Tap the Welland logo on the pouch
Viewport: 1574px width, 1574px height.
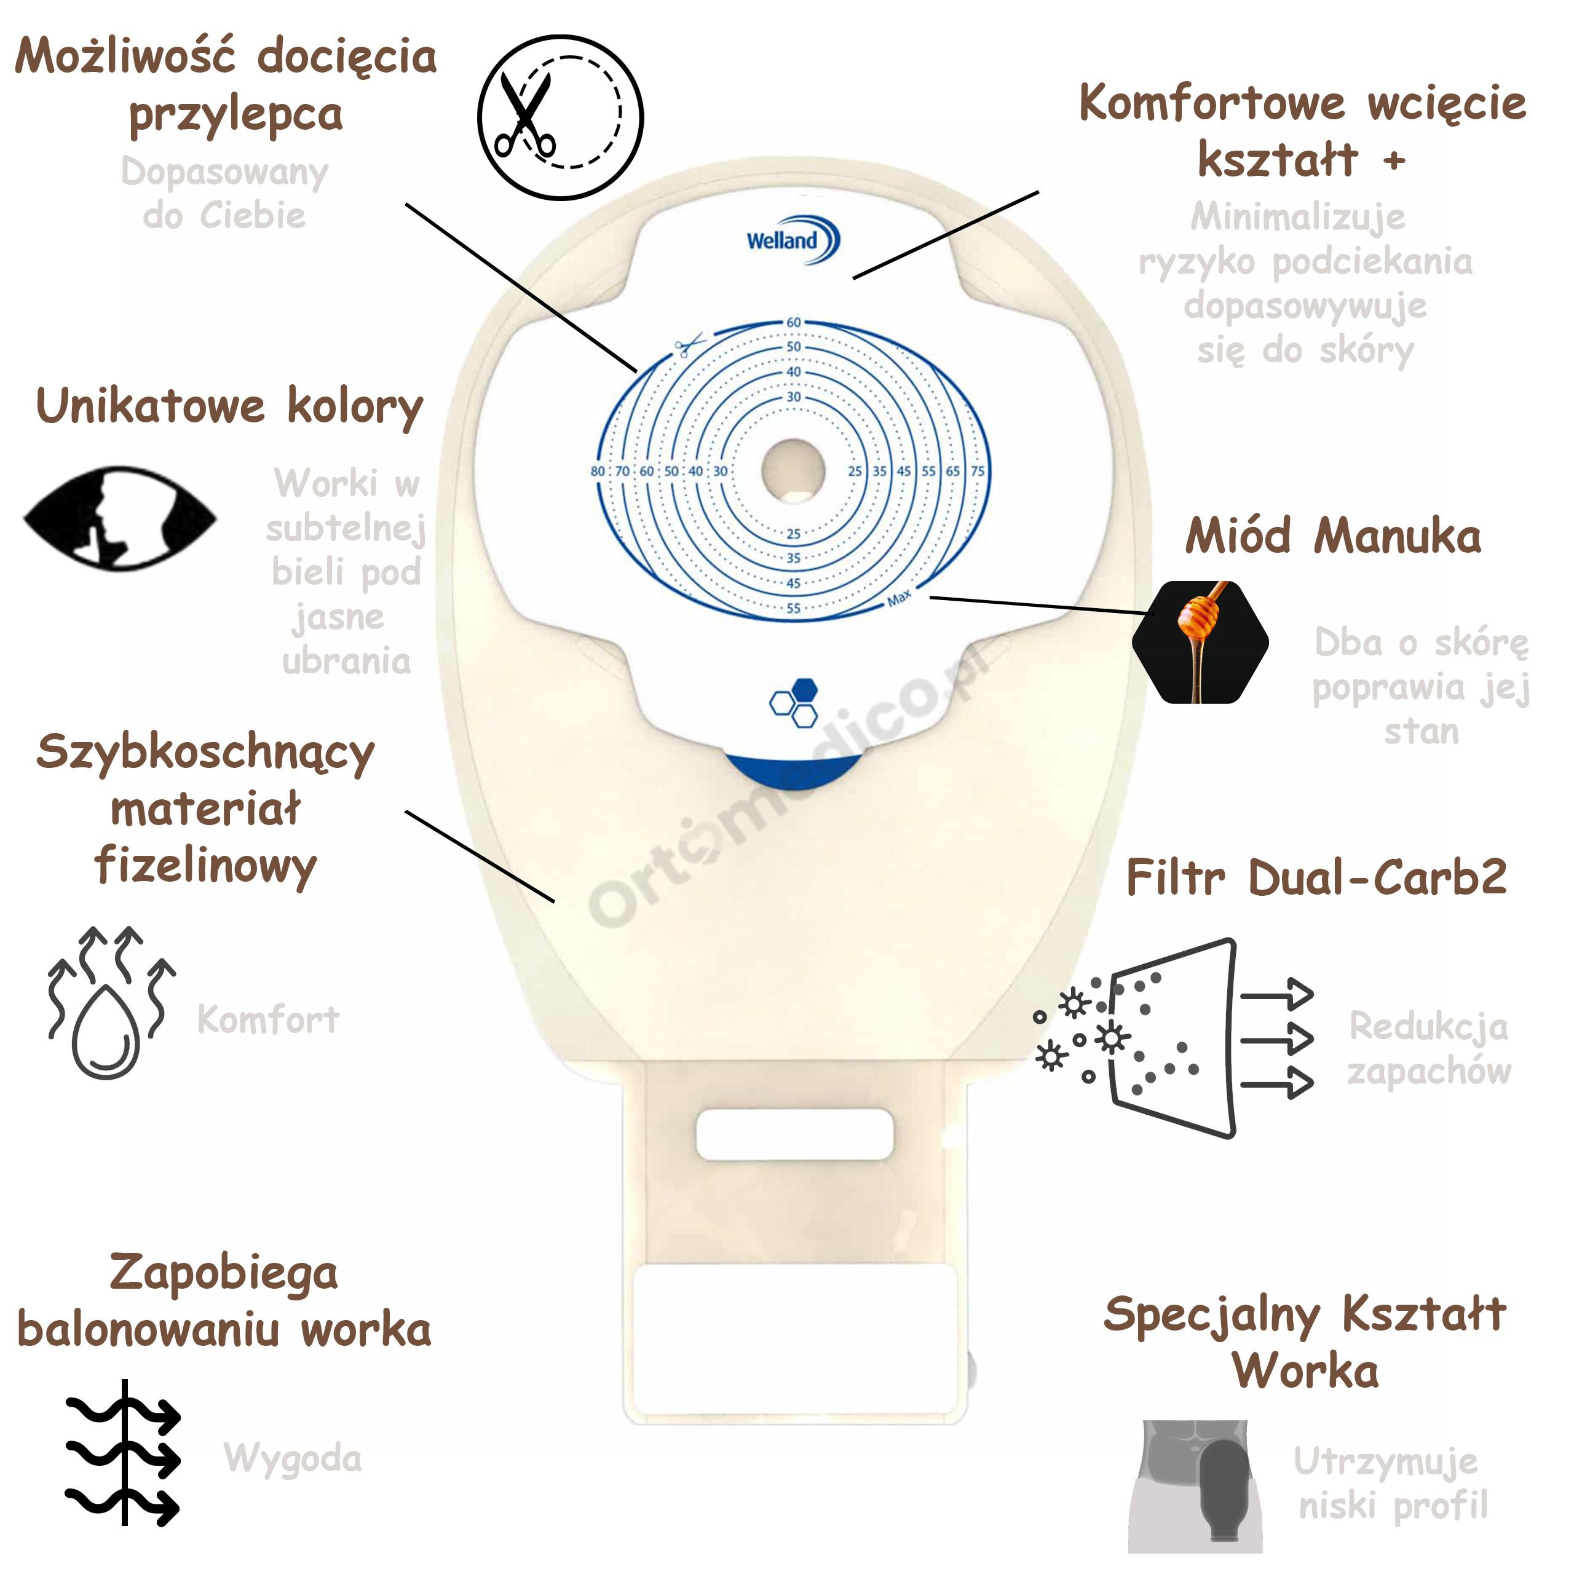[x=793, y=240]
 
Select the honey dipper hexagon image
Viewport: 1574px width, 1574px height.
[x=1200, y=641]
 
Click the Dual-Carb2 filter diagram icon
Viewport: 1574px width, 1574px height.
[x=1173, y=1038]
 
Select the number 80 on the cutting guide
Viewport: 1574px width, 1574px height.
[x=598, y=471]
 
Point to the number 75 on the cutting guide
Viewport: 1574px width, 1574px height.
[x=978, y=471]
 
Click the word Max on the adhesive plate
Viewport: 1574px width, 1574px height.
[x=900, y=598]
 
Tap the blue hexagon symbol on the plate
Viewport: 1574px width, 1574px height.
[x=794, y=702]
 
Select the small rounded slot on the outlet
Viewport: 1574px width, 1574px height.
[x=794, y=1133]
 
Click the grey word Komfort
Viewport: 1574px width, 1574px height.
[x=268, y=1019]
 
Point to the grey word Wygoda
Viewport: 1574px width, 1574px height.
[x=293, y=1459]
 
